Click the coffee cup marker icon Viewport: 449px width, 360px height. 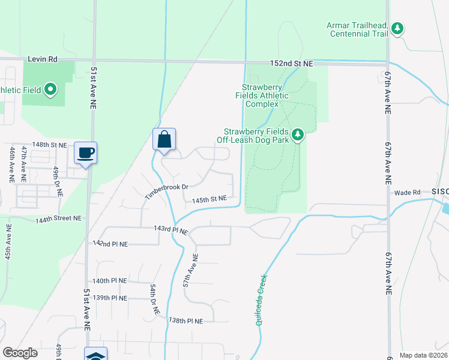tap(85, 152)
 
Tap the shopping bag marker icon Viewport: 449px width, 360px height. tap(164, 140)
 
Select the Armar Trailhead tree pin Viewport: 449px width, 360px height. tap(397, 28)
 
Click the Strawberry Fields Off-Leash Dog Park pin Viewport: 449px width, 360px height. tap(297, 135)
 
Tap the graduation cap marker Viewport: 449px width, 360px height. tap(96, 355)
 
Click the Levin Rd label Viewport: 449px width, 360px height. tap(42, 59)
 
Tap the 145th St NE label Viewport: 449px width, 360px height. tap(209, 199)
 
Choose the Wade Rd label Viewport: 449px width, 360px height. tap(406, 193)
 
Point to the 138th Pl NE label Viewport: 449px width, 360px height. tap(187, 321)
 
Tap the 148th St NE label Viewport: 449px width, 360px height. tap(49, 145)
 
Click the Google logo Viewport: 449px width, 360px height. tap(20, 353)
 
